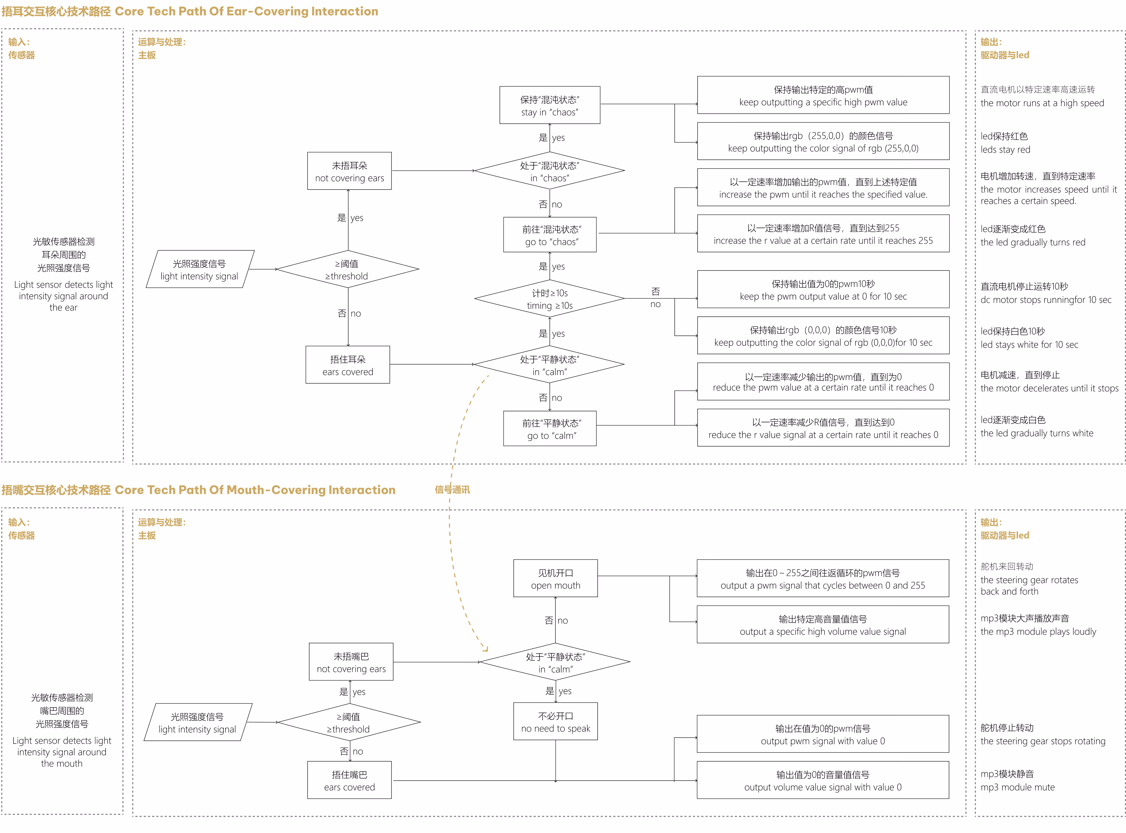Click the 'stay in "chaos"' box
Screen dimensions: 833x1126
(x=550, y=105)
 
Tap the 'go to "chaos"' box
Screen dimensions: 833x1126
(x=550, y=235)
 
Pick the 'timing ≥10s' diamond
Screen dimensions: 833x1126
(x=550, y=299)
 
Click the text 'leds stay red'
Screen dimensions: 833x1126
(x=1005, y=150)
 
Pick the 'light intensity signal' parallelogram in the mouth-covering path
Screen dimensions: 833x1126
(x=198, y=723)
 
